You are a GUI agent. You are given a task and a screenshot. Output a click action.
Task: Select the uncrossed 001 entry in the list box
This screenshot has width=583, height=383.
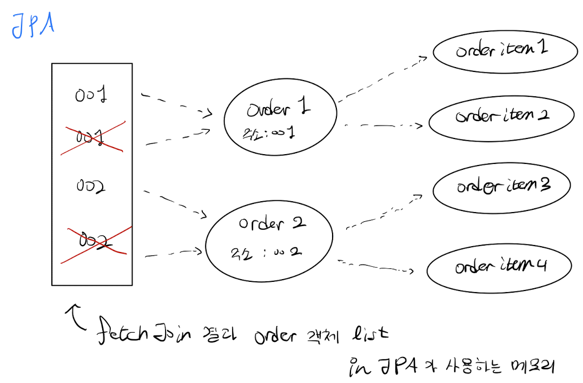point(91,96)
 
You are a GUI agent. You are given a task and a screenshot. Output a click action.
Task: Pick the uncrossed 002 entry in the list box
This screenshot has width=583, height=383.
point(91,187)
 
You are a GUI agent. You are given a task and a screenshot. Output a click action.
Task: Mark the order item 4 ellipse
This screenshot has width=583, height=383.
point(499,266)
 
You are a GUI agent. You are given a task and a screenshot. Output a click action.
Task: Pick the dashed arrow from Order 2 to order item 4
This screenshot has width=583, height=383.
point(375,266)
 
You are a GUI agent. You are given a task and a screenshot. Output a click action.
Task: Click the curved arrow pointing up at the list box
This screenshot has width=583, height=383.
point(76,319)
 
